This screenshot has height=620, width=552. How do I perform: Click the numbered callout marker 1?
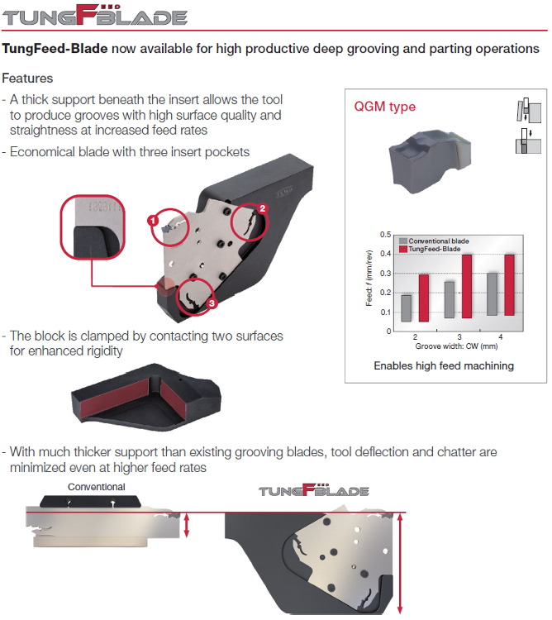[x=153, y=221]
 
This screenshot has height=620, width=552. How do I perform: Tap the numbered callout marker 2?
[x=263, y=208]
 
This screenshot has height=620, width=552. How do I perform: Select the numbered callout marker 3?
[x=212, y=303]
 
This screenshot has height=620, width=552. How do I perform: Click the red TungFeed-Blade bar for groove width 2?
[x=424, y=298]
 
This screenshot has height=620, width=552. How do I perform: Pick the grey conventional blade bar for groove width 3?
[x=450, y=300]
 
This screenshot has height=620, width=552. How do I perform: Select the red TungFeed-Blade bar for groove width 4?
[x=509, y=285]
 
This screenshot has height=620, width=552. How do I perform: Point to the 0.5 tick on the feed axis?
[x=386, y=235]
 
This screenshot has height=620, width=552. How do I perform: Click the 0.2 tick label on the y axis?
[x=386, y=293]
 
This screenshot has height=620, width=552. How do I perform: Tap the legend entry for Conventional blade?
[x=435, y=241]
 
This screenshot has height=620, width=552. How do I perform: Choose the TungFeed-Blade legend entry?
[x=430, y=249]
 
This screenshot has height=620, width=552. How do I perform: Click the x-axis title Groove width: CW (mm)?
[x=456, y=346]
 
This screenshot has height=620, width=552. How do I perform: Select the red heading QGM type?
[x=385, y=107]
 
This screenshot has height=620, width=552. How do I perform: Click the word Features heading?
[x=27, y=79]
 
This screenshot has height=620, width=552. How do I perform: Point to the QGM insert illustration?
[x=430, y=160]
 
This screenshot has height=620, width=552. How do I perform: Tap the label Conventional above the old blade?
[x=97, y=487]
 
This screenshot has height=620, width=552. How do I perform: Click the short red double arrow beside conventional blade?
[x=187, y=525]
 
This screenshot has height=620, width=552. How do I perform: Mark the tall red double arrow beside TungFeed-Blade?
[x=400, y=564]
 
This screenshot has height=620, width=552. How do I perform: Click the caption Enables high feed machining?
[x=444, y=365]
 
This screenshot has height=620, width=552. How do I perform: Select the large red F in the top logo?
[x=87, y=15]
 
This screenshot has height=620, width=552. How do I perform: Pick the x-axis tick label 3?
[x=459, y=337]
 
